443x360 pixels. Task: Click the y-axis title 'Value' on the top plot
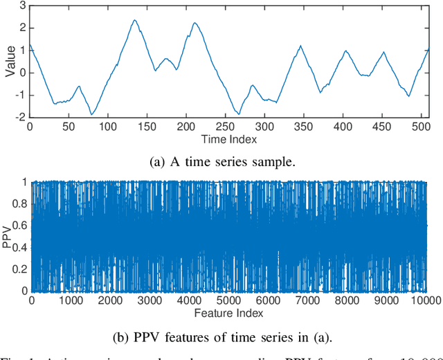point(9,61)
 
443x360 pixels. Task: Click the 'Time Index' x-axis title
point(228,139)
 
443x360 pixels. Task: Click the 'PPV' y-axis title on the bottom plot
point(8,236)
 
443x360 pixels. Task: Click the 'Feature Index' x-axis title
point(228,312)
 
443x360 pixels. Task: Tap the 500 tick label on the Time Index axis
point(417,127)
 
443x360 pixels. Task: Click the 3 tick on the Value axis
point(22,6)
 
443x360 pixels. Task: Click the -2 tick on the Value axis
point(20,117)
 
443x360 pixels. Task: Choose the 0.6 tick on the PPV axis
point(19,225)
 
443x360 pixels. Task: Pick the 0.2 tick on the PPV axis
point(19,269)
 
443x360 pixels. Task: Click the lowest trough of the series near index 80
point(91,114)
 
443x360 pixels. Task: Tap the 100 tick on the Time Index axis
point(107,127)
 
